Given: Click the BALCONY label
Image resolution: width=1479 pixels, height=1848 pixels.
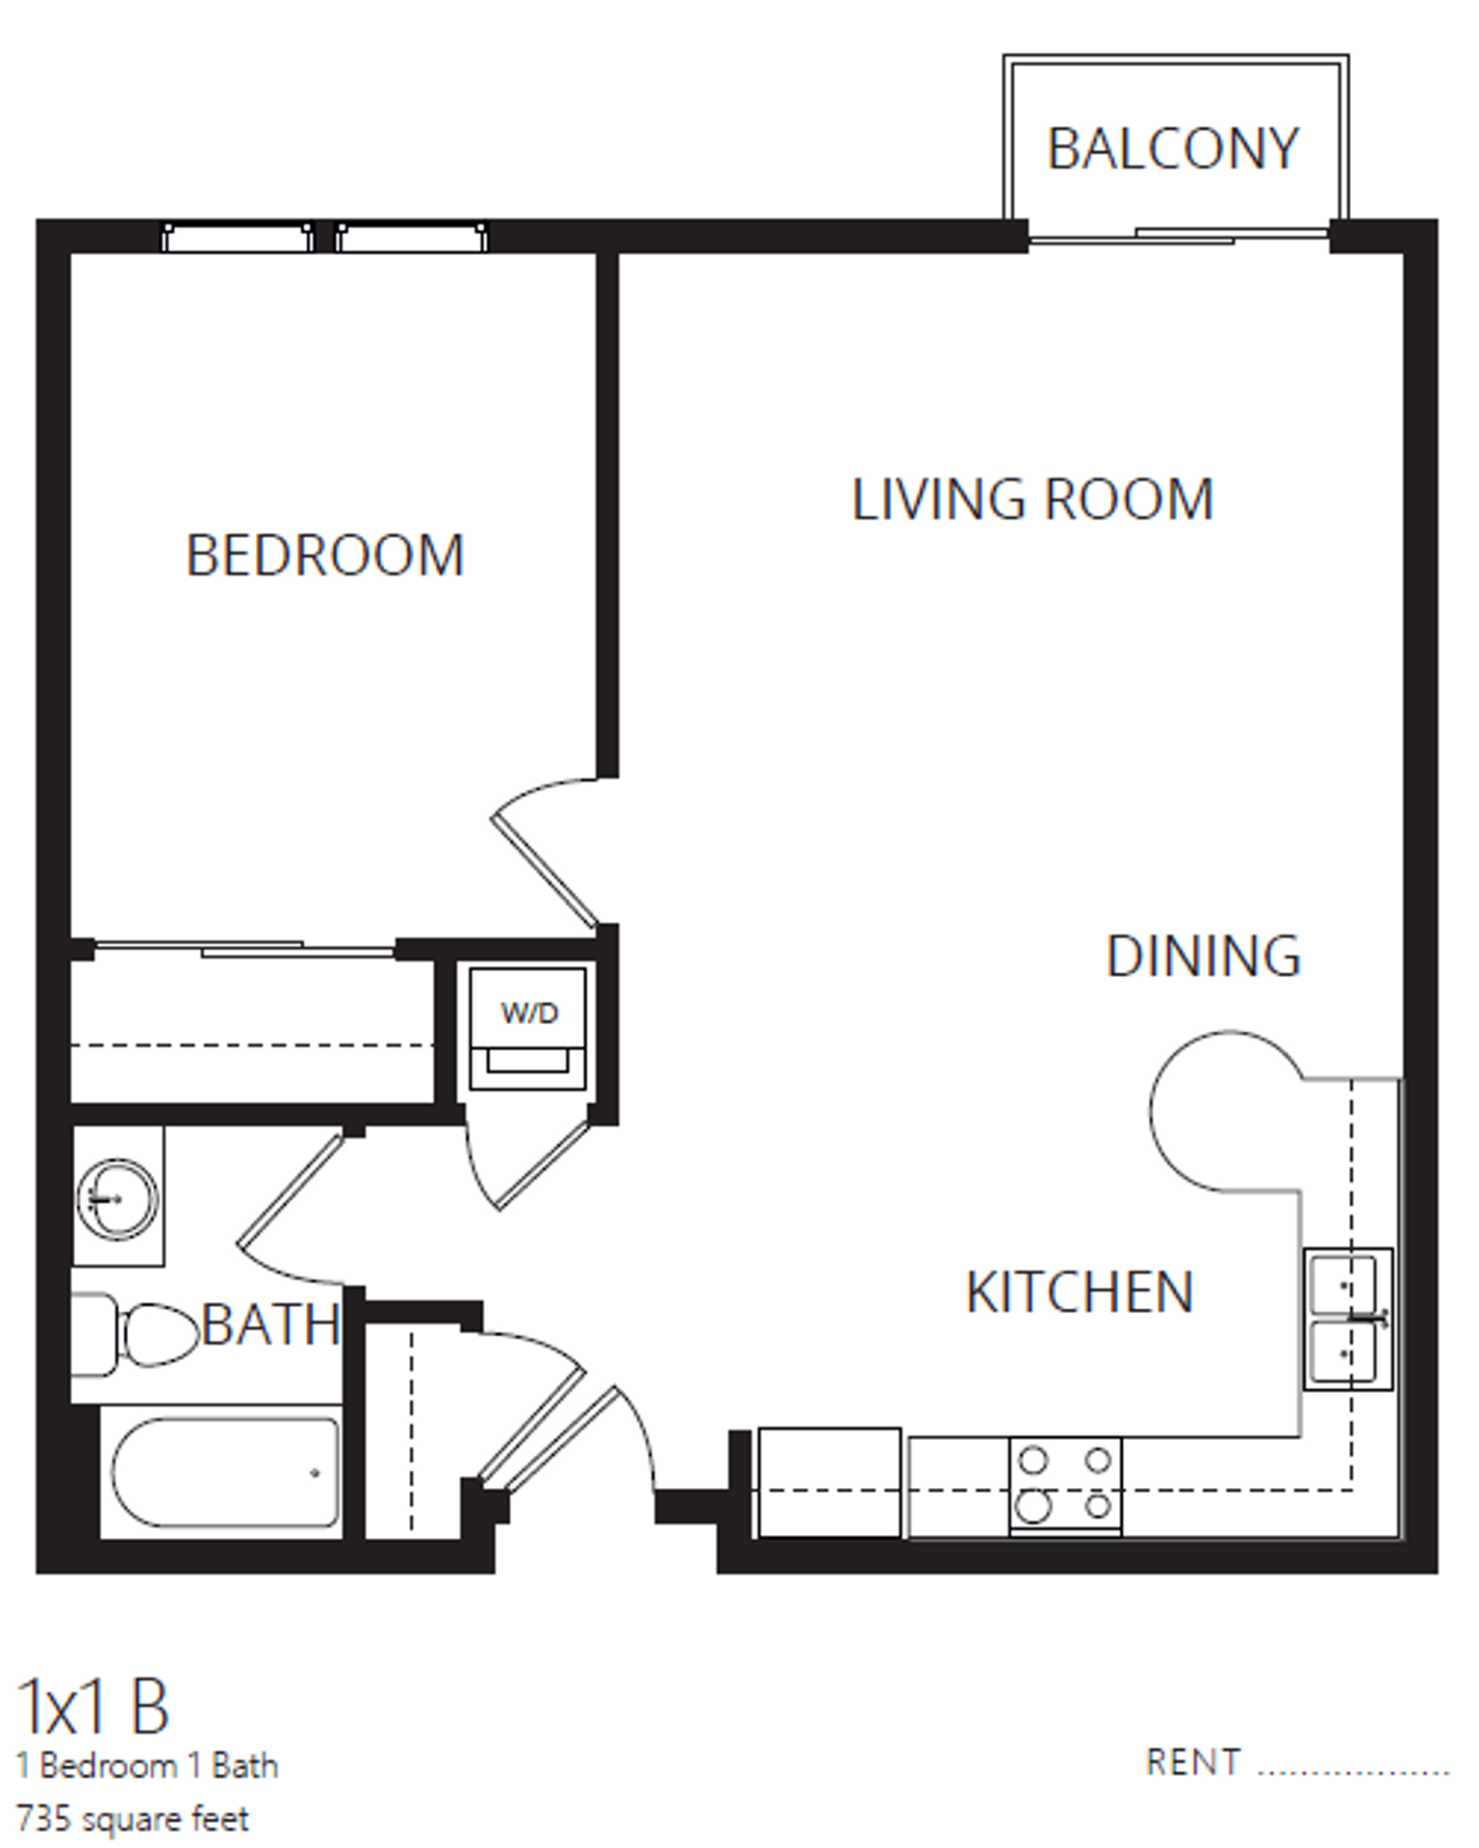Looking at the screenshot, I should coord(1173,149).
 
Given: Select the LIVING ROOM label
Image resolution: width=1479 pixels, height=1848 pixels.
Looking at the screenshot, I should coord(1033,500).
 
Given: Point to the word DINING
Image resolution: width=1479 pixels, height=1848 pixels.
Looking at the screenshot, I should coord(1203,957).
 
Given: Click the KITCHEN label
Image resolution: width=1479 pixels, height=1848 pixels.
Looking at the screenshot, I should coord(1080,1292).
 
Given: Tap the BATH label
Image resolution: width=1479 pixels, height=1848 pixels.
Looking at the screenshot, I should coord(271,1325).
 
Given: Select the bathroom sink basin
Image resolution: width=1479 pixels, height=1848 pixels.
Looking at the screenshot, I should coord(117,1198).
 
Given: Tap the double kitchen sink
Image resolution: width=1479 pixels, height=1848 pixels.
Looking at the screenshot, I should coord(1347,1319).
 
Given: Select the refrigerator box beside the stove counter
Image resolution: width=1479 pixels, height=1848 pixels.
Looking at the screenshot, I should coord(829,1482).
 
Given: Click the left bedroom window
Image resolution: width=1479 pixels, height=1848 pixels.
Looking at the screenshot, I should coord(237,238).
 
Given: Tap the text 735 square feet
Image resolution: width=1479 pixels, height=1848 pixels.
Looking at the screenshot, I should coord(133,1819).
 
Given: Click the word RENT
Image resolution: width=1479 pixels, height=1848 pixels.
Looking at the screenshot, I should coord(1193,1762).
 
